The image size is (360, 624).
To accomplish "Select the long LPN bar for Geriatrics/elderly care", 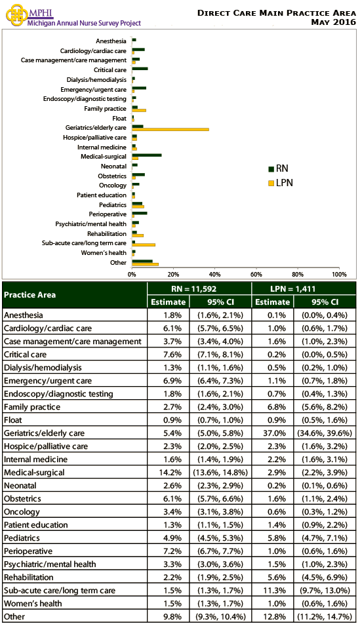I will (170, 129).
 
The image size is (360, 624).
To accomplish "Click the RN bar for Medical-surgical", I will (147, 155).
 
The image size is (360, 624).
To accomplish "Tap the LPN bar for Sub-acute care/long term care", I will (144, 244).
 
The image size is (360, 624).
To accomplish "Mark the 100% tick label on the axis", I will (338, 274).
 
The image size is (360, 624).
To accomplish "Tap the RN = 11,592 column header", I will (199, 288).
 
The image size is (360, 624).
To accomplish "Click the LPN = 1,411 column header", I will (303, 288).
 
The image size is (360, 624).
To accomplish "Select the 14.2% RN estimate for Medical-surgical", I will (168, 473).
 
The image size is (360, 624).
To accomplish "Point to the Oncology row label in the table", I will (21, 512).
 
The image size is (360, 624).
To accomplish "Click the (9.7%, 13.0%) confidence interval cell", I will (325, 591).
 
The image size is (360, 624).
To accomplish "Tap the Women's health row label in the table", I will (32, 604).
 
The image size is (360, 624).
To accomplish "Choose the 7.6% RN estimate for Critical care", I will (168, 355).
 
